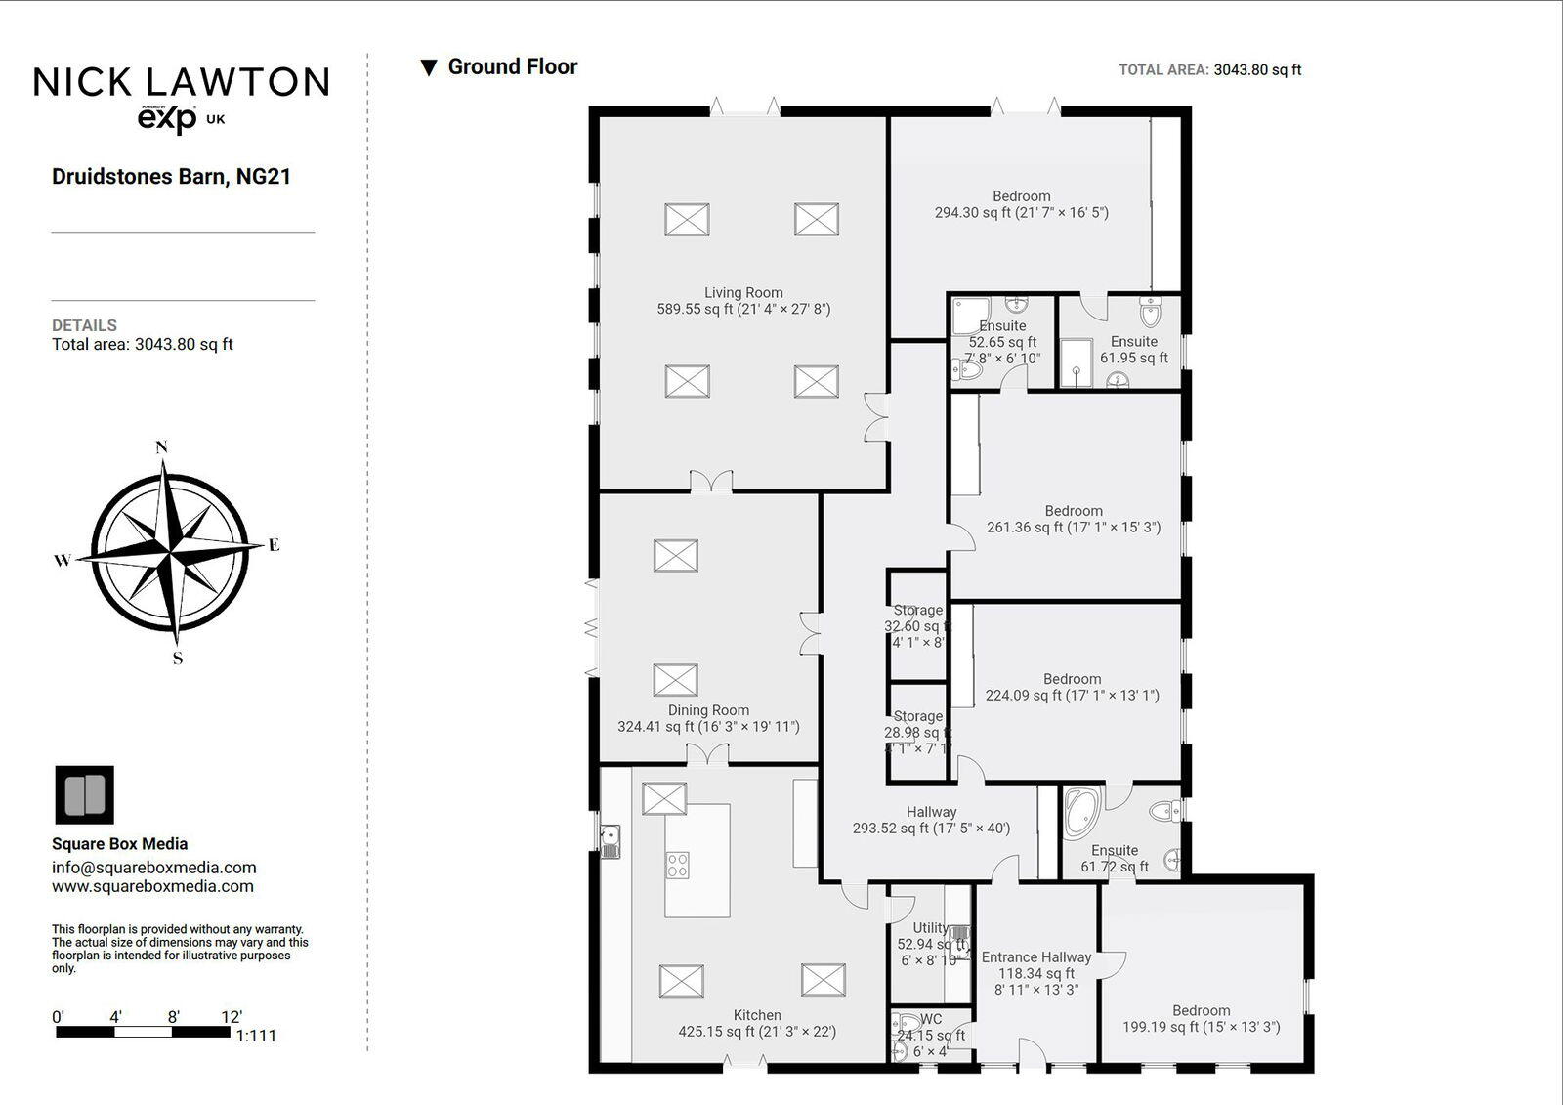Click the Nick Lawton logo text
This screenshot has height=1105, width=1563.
coord(182,82)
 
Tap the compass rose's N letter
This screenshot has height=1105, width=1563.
coord(162,447)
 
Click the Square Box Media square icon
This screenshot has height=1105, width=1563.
coord(84,794)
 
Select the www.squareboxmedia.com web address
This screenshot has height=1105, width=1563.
coord(152,886)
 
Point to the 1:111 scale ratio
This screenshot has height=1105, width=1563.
coord(256,1036)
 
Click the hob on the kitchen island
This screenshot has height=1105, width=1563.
coord(677,865)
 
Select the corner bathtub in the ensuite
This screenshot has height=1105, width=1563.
coord(1081,811)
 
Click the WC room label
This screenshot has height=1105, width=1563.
coord(931,1019)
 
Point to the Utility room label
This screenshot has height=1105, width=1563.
coord(930,928)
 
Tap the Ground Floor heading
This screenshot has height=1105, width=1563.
coord(512,66)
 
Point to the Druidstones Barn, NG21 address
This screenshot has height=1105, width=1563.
coord(171,177)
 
